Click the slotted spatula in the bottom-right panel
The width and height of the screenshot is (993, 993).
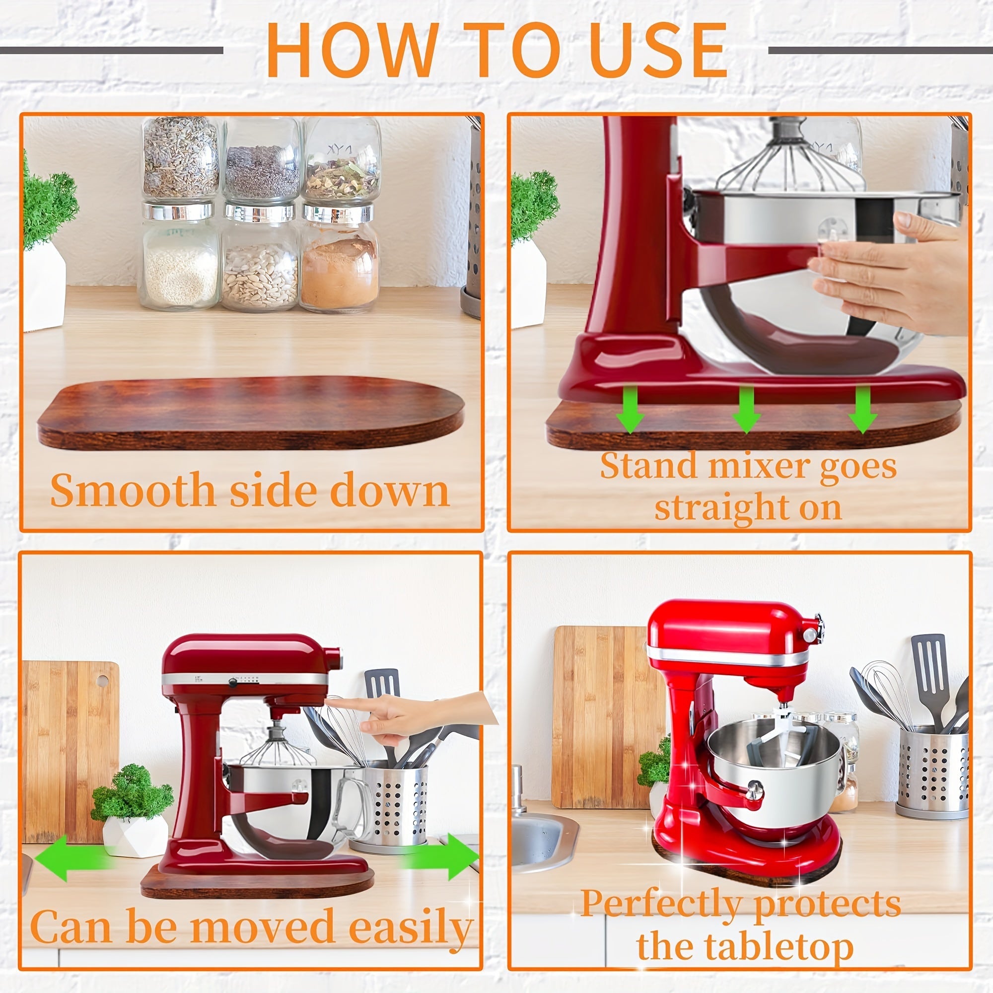pyautogui.click(x=928, y=668)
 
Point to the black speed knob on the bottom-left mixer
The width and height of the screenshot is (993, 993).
pyautogui.click(x=233, y=683)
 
